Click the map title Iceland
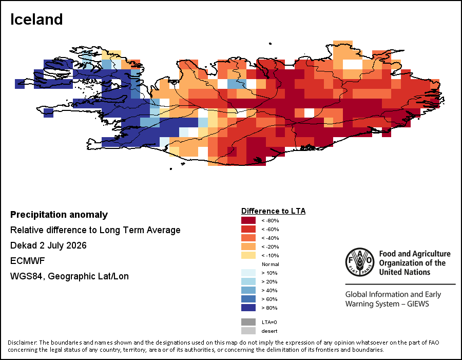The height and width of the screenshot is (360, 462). [x=36, y=20]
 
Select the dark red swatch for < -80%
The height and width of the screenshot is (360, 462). [x=248, y=220]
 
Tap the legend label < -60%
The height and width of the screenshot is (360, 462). [x=270, y=230]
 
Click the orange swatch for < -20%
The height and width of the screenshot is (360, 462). [x=248, y=247]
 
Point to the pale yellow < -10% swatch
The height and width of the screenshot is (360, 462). [x=248, y=255]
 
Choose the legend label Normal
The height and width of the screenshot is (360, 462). [x=270, y=264]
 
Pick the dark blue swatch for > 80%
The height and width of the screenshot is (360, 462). [x=248, y=308]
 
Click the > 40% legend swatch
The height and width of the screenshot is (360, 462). [x=248, y=290]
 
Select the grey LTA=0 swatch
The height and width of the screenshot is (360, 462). [x=248, y=322]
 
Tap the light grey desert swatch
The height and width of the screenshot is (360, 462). [x=248, y=331]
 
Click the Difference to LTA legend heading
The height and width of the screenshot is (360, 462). [x=274, y=211]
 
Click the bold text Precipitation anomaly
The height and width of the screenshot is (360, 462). [x=59, y=215]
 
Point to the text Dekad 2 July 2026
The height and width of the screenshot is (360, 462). [x=48, y=245]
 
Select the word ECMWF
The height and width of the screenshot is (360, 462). [x=27, y=261]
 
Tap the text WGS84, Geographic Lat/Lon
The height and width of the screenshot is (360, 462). [x=69, y=276]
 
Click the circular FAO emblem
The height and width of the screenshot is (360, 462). [x=360, y=262]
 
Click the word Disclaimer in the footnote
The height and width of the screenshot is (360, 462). [x=22, y=343]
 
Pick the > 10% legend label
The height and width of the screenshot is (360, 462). [x=269, y=273]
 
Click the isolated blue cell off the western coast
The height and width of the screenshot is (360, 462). [x=49, y=113]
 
